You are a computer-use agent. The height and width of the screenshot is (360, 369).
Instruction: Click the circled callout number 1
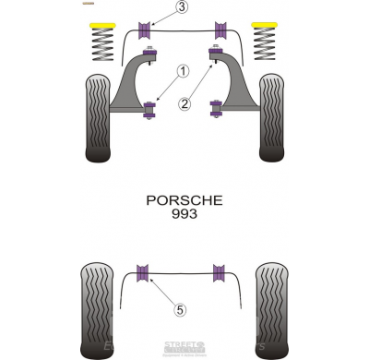pos(183,70)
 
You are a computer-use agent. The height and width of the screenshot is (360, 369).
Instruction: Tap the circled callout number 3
pos(182,7)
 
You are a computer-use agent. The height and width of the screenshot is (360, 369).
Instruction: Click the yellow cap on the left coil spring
pos(103,25)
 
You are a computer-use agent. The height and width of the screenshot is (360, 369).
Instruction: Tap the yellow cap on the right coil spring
pos(265,25)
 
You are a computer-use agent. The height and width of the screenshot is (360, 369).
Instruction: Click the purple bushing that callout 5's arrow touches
pos(143,272)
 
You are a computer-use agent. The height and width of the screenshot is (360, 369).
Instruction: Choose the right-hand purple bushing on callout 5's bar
pos(220,272)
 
